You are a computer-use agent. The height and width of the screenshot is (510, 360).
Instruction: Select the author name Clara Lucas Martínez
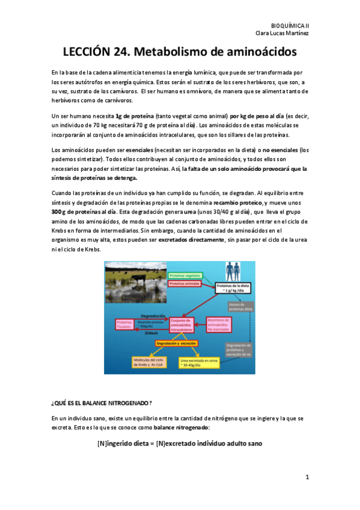[x=283, y=33]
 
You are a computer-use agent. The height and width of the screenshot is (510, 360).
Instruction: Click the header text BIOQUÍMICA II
[x=291, y=26]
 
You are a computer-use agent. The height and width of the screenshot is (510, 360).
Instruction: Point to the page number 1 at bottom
[x=307, y=478]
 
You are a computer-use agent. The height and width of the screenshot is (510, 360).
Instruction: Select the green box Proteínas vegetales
[x=185, y=274]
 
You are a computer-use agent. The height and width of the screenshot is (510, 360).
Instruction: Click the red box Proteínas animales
[x=185, y=283]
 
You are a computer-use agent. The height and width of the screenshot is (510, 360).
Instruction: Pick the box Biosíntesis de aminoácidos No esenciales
[x=219, y=325]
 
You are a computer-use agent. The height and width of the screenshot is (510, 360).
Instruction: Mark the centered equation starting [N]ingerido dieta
[x=179, y=444]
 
